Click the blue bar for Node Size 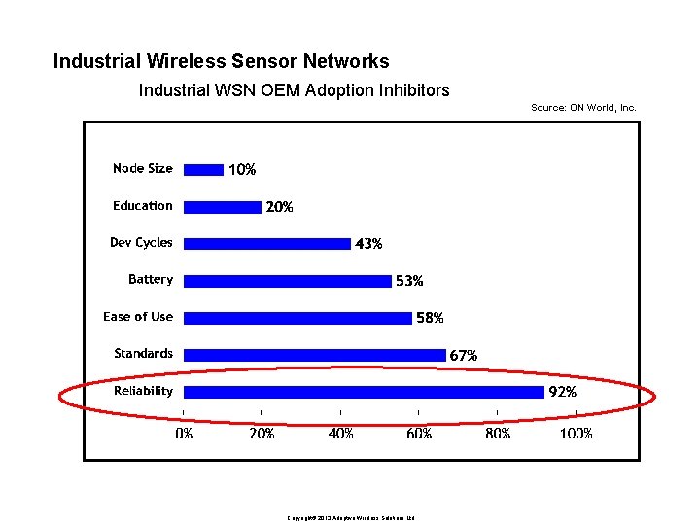pos(203,169)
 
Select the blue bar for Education pos(223,206)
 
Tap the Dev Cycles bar pos(267,243)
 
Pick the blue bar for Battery pos(287,281)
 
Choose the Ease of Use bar pos(297,318)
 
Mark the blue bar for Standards pos(314,355)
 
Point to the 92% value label pos(564,393)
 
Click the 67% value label pos(464,356)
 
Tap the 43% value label pos(368,244)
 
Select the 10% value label pos(242,170)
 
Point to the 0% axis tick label pos(184,434)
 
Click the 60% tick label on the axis pos(419,434)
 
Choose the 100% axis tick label pos(576,434)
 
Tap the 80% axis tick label pos(498,434)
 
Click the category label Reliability pos(143,391)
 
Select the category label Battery pos(151,280)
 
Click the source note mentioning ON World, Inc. pos(583,108)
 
